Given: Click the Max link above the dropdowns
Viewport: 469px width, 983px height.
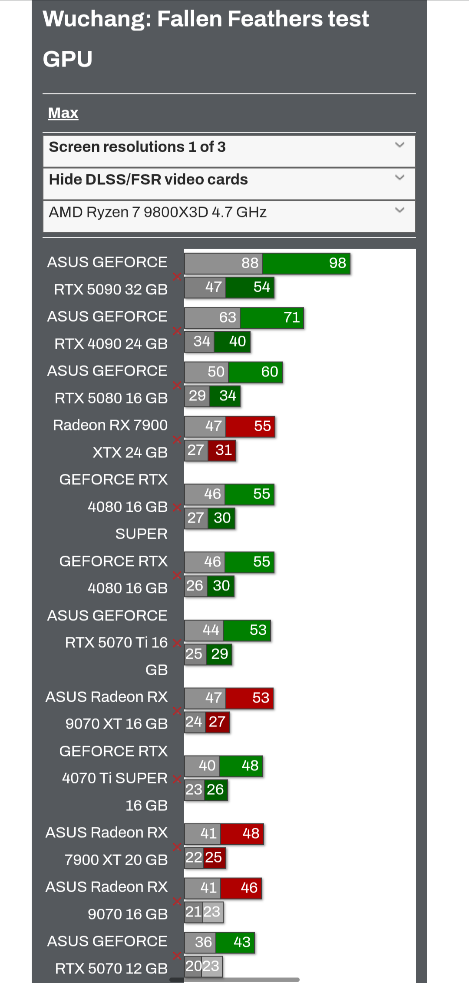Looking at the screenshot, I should [63, 113].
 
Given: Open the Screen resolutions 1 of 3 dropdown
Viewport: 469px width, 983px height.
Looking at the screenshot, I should [229, 147].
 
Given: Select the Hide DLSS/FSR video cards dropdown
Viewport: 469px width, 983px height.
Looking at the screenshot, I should [229, 180].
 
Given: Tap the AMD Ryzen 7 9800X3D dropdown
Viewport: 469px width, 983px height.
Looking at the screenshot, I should [229, 213].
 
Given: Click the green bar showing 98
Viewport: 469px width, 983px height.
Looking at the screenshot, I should [307, 263].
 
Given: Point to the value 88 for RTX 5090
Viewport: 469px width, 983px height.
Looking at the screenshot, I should [250, 263].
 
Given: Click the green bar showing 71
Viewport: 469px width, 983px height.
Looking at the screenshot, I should [272, 318].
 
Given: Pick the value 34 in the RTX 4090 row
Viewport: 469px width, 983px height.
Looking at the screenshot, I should [201, 342].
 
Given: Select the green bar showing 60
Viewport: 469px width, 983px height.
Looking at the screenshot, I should [255, 372].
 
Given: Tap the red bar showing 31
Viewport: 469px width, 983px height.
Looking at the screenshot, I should [222, 450].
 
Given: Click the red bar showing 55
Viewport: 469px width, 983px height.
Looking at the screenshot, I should [251, 427].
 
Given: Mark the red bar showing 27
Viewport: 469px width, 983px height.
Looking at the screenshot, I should [217, 722].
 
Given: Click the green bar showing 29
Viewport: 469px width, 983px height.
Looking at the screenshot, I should [219, 654].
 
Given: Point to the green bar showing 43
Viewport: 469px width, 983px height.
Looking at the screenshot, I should [235, 943].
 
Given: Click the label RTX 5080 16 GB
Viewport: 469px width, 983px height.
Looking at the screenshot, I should [111, 398].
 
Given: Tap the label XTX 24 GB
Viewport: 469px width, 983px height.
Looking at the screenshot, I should [130, 453].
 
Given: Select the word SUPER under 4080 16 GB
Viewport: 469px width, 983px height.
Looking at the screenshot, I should [141, 534].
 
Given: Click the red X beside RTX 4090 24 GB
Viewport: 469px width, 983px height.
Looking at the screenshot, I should [177, 331].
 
